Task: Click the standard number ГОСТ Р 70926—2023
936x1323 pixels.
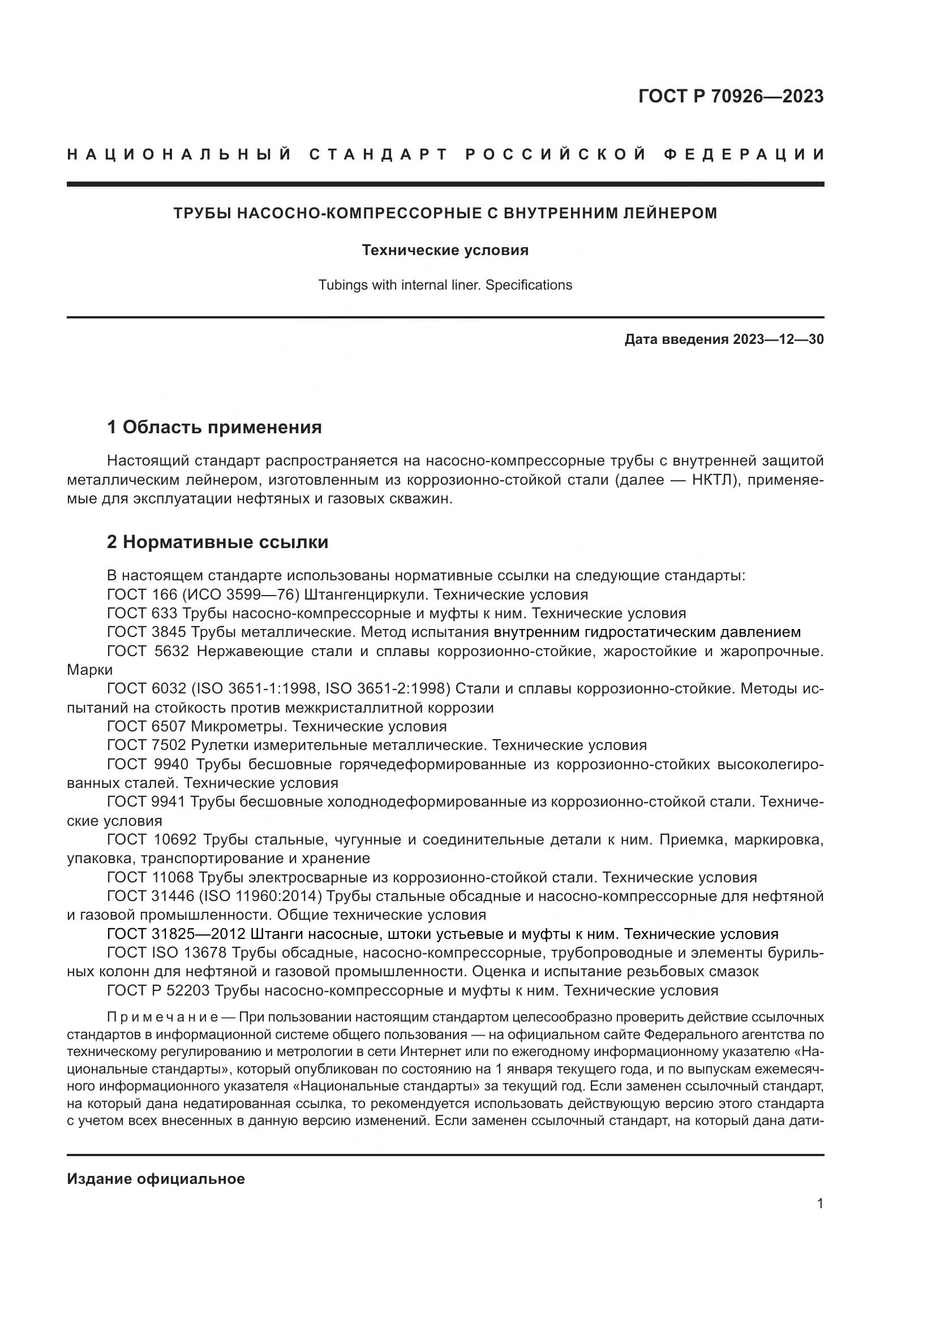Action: click(x=730, y=96)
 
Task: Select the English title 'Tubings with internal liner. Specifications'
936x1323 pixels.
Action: click(x=445, y=285)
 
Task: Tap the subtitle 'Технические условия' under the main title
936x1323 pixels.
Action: click(x=445, y=250)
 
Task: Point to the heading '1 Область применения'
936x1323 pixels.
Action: click(x=214, y=428)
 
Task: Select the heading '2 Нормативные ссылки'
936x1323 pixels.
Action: click(x=217, y=542)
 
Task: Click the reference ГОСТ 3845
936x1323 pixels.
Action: click(x=147, y=632)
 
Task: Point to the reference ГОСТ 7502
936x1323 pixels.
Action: click(x=147, y=745)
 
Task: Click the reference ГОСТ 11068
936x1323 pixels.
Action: click(x=151, y=878)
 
